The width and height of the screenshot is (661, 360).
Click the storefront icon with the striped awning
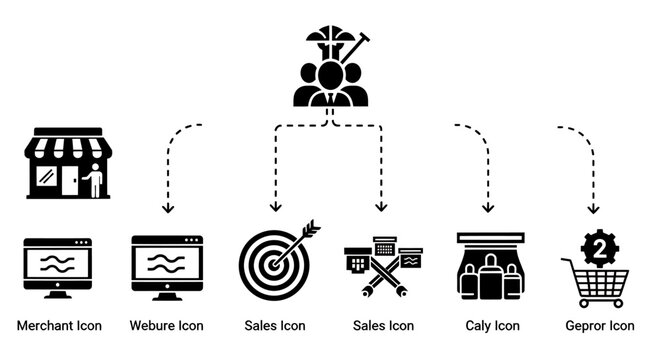68,162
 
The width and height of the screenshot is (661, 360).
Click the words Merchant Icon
59,326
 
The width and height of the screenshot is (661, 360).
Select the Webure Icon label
167,326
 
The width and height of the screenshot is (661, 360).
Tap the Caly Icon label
492,326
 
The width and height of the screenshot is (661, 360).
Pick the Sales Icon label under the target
275,326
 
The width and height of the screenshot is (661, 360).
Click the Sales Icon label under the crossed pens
384,326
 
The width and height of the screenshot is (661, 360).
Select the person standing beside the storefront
93,182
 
